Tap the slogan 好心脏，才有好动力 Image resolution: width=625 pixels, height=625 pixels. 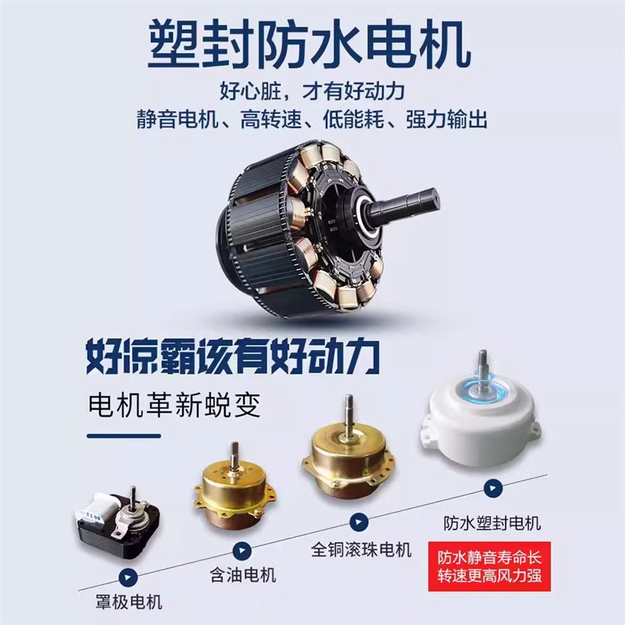312,92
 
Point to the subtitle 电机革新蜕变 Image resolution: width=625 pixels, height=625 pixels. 175,406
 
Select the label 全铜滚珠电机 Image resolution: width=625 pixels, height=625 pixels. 360,548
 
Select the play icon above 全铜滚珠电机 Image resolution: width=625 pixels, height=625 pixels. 359,522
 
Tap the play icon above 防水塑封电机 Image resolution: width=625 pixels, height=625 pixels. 491,489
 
